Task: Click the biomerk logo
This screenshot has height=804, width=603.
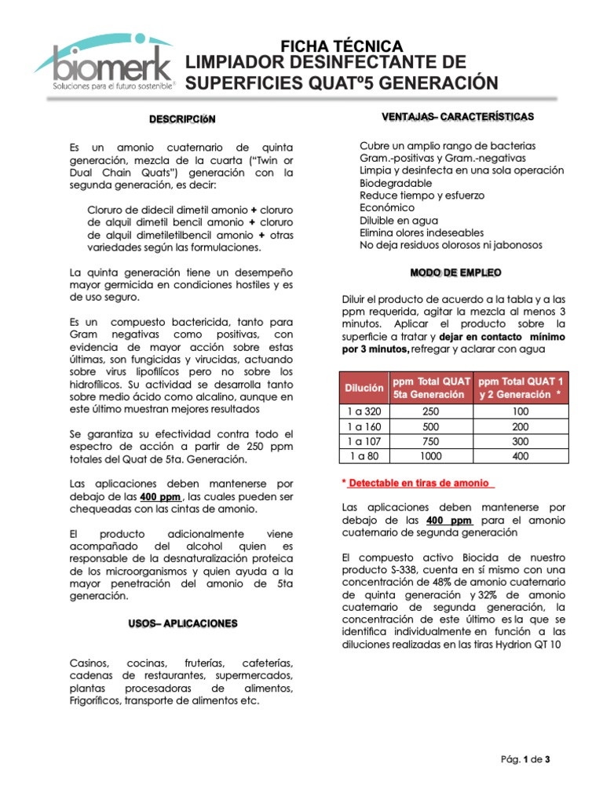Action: click(106, 63)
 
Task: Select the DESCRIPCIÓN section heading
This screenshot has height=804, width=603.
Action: click(182, 119)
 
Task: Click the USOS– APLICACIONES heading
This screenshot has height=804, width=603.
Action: click(182, 623)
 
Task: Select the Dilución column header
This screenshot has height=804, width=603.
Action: click(364, 388)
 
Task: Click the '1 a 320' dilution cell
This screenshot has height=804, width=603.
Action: click(364, 411)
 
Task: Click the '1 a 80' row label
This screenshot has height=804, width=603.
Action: click(364, 455)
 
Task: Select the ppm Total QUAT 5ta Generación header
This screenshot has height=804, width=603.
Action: click(435, 388)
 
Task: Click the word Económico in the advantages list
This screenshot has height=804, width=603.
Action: click(387, 207)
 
